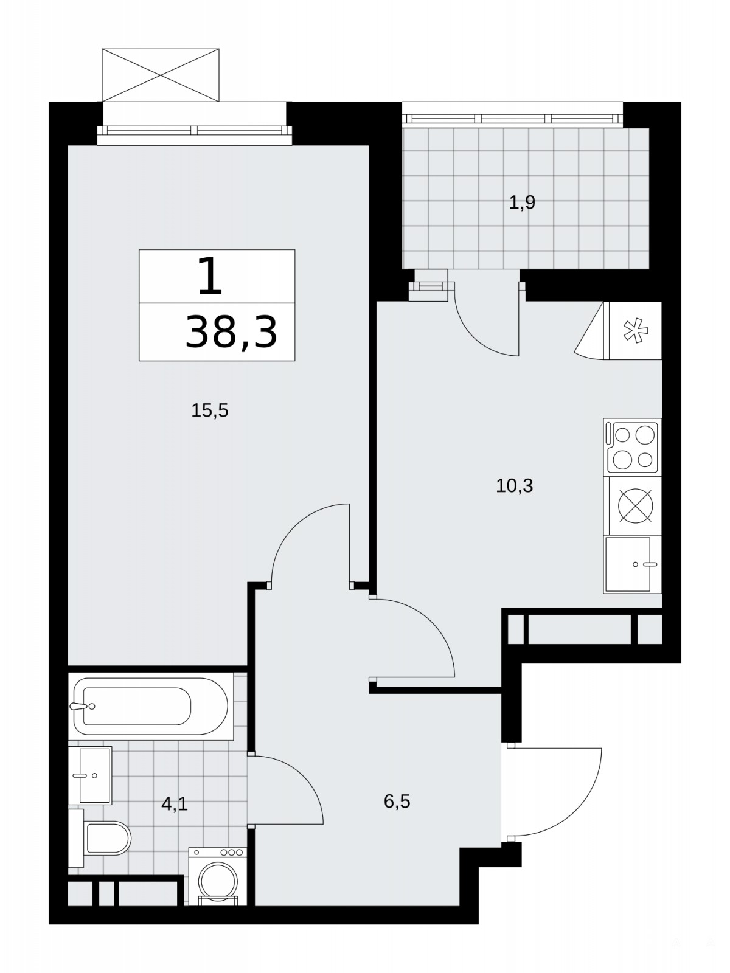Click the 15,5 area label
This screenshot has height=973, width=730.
coord(210,411)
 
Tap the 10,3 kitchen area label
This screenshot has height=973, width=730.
coord(514,486)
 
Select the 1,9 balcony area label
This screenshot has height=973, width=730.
coord(522,203)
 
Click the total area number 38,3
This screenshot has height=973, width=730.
coord(231,332)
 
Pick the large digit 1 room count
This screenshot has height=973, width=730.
coord(210,277)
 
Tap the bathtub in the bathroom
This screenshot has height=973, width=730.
coord(151,707)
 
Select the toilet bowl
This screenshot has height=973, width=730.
coord(107,838)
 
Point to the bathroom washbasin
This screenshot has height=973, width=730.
coord(90,775)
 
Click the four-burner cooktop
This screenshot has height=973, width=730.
coord(632,447)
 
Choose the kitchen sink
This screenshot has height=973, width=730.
coord(632,564)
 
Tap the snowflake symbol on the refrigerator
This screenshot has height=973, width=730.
coord(636,331)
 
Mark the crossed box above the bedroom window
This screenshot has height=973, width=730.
coord(161,75)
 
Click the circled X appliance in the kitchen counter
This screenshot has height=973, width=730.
coord(635,506)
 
